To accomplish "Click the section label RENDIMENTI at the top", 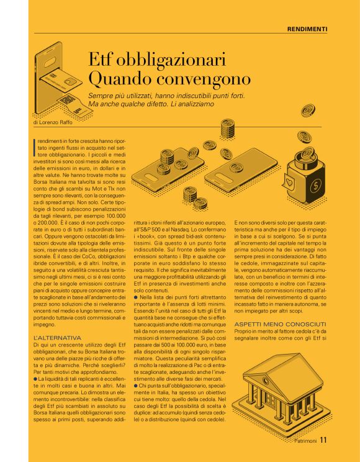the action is pos(307,29).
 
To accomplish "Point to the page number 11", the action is pos(324,442).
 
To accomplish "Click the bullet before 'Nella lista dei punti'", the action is pos(137,298).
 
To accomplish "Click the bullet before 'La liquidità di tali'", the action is pos(35,378).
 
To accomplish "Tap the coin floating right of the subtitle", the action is pos(308,111).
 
